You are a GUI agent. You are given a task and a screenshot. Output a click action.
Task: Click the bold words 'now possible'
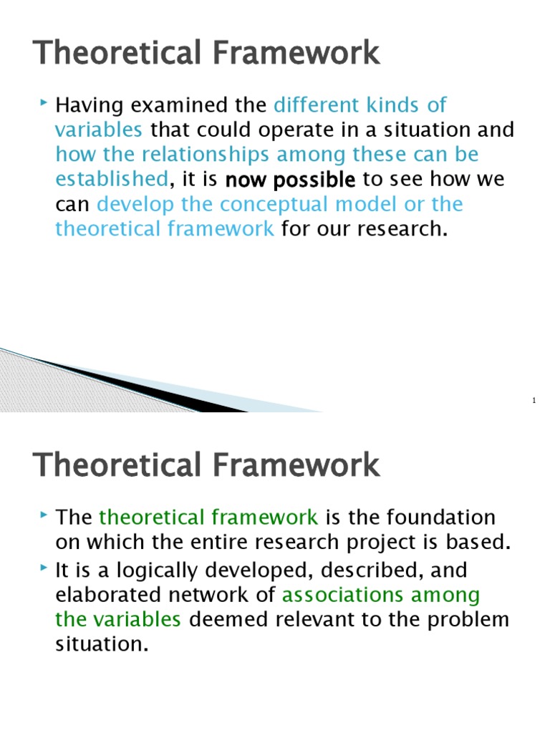[x=290, y=180]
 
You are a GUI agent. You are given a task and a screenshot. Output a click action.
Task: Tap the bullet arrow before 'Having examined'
[x=45, y=105]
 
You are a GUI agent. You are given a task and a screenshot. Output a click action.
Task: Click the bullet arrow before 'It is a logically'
[x=45, y=570]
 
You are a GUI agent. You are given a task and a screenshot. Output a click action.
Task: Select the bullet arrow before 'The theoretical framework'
[x=45, y=516]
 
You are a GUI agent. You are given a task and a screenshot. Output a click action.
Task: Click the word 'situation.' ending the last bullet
[x=101, y=644]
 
